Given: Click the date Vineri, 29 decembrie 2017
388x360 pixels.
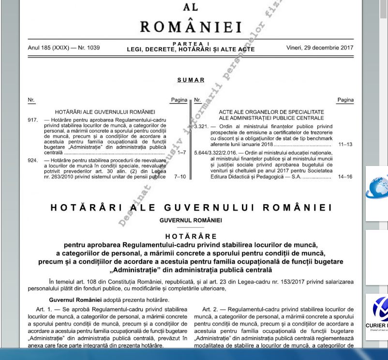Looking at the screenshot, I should (x=320, y=48).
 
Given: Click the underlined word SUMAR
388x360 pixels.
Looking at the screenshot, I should (x=191, y=80).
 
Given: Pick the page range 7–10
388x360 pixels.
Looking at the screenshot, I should (x=179, y=177).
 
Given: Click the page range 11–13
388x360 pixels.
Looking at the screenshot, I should (x=345, y=145).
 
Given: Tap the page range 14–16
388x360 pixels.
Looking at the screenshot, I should (x=345, y=177).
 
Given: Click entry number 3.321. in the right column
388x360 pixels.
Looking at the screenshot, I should (x=200, y=126).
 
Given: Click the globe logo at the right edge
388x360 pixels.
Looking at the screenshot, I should (x=381, y=193).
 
